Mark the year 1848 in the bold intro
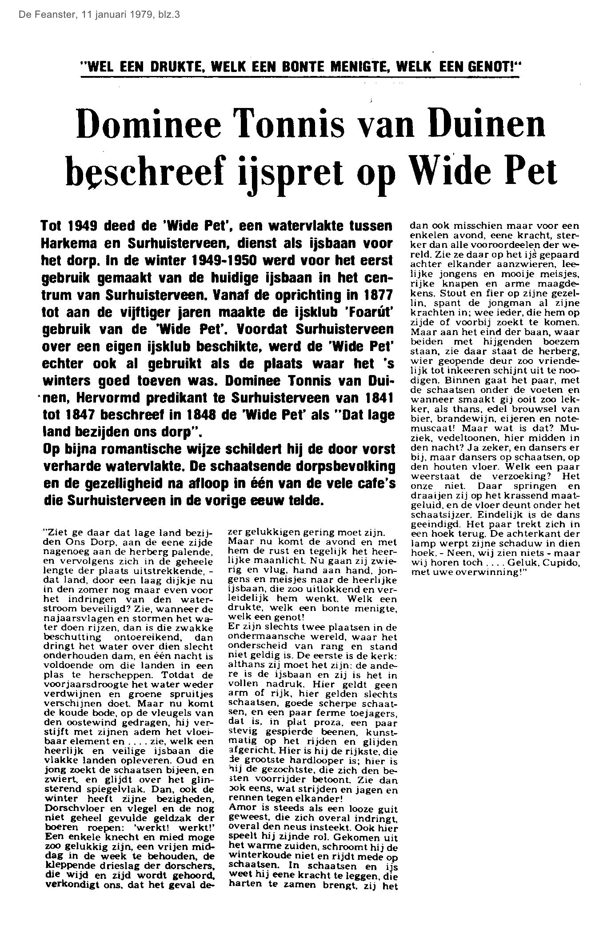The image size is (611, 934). (x=225, y=415)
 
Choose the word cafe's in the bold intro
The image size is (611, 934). (x=373, y=483)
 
